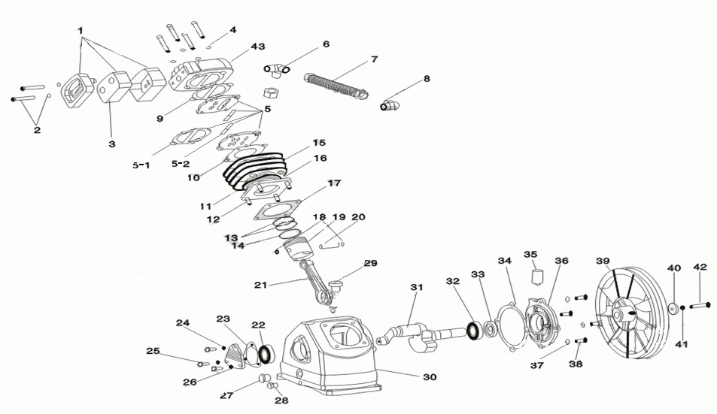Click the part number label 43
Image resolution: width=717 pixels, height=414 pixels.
[258, 47]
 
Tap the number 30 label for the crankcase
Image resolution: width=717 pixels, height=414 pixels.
[430, 376]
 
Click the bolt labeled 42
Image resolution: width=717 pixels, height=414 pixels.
[698, 305]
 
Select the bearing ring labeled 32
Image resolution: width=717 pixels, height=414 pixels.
[474, 328]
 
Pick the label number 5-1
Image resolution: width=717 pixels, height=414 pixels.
[141, 165]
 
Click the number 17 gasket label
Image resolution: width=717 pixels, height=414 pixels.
[334, 183]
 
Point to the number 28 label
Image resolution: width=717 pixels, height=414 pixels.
[281, 400]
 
